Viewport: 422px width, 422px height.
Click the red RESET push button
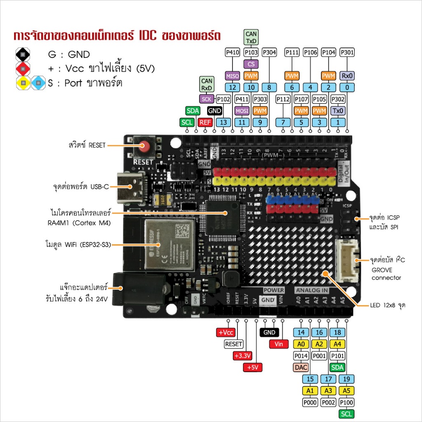[144, 145]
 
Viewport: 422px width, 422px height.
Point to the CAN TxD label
[251, 38]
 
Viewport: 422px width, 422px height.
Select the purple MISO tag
[232, 75]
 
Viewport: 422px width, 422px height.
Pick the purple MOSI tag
[242, 110]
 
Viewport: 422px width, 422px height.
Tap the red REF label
[205, 122]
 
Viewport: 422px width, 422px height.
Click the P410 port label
[232, 52]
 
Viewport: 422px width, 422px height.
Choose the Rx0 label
[347, 75]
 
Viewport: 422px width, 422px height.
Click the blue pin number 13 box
[223, 122]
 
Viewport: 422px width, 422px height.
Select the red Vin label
[279, 344]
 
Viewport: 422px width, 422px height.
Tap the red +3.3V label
[242, 356]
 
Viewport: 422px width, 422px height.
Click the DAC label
[301, 367]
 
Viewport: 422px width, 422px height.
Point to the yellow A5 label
[347, 390]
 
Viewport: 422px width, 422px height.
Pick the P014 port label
[301, 355]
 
